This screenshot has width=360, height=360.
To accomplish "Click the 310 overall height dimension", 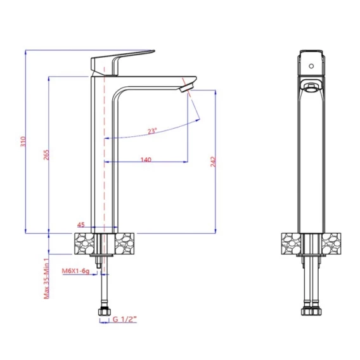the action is coord(23,142).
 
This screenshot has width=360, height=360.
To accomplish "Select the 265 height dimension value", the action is coord(46,155).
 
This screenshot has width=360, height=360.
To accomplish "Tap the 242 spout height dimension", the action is coord(214,162).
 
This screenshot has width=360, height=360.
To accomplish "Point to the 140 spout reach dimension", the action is coord(146,159).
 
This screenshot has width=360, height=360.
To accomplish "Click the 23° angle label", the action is coord(152,131).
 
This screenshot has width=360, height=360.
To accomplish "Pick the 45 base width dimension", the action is coord(81,225).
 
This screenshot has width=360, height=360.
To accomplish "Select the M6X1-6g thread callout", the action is coord(75,271).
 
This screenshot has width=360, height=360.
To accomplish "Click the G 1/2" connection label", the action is coord(125,319).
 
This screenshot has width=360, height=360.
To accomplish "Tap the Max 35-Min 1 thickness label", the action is coord(47,278).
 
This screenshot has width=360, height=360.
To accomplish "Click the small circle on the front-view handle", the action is coord(311,66).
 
